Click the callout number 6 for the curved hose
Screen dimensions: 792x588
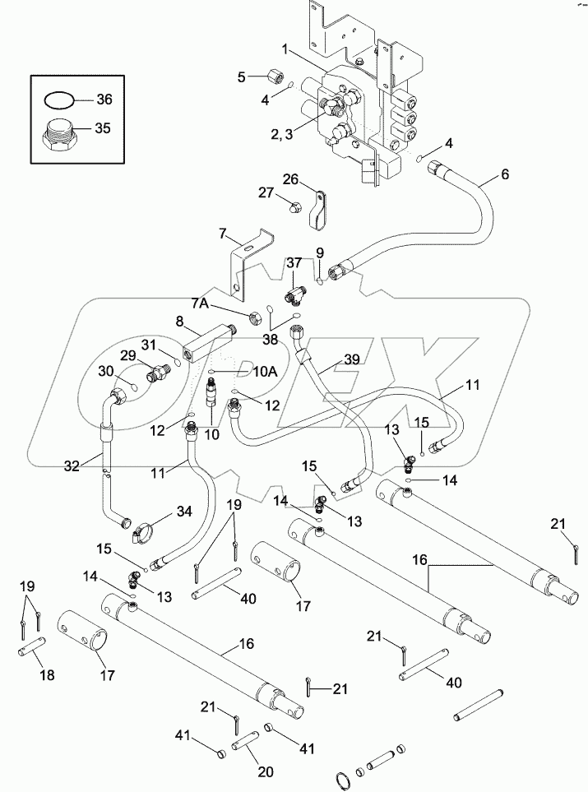(x=504, y=175)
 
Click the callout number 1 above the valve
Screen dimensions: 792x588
(x=285, y=50)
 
